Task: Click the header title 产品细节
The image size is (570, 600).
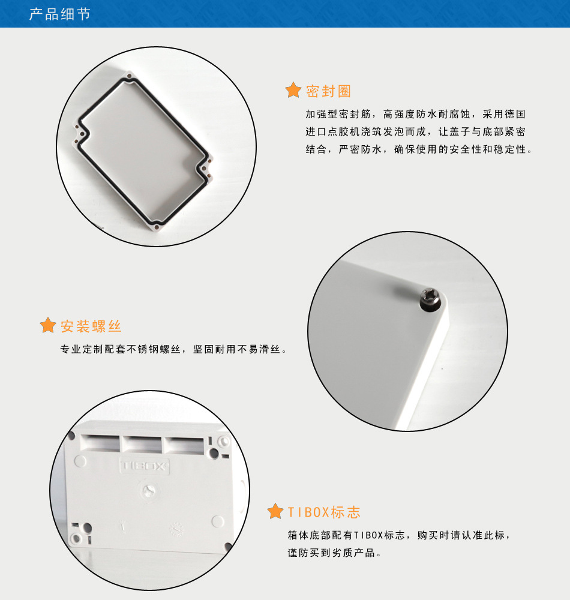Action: pos(60,14)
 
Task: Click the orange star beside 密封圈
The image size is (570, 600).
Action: pos(293,91)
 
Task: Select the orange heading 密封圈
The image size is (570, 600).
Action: pos(328,91)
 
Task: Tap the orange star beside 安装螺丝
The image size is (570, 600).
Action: pos(48,325)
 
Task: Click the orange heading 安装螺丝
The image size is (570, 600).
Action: pos(91,326)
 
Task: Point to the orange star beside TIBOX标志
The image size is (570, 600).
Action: pos(275,511)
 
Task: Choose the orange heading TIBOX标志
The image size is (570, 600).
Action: pos(323,512)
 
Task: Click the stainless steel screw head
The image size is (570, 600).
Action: pos(430,299)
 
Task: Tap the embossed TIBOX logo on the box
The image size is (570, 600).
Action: pos(144,466)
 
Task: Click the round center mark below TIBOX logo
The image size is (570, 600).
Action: pos(149,491)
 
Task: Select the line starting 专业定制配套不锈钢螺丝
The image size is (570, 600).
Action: pos(173,349)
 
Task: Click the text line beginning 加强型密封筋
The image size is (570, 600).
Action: pos(415,114)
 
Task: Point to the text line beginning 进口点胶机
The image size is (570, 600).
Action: pos(415,131)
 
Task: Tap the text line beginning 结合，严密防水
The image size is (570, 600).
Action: pos(419,149)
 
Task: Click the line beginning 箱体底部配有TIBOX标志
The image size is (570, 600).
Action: pos(399,535)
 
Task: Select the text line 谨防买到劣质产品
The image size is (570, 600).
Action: pos(334,553)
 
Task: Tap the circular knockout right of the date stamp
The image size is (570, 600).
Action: pos(217,521)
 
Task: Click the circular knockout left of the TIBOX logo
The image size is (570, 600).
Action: pos(80,461)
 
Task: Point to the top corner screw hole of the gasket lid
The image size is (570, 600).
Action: pos(130,76)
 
